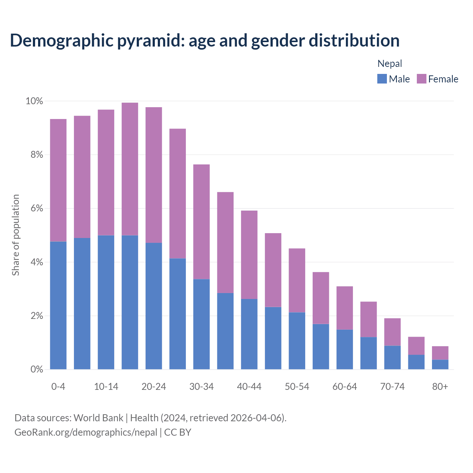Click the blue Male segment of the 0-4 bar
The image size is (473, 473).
(58, 305)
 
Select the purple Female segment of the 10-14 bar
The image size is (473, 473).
(106, 172)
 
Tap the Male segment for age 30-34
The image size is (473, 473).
(201, 324)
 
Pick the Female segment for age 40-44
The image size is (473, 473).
(249, 255)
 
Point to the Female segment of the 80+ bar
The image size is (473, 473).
(440, 353)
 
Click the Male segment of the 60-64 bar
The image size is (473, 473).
(345, 349)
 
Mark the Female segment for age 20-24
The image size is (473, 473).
(154, 175)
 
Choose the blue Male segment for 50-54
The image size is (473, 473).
(297, 341)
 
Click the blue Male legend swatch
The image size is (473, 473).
(382, 79)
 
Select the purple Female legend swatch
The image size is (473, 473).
(421, 79)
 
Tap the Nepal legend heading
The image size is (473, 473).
(389, 64)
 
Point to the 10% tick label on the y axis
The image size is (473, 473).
(34, 101)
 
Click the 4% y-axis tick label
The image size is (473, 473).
(36, 262)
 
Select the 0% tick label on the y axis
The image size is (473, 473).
(36, 370)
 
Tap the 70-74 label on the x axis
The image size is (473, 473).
(392, 387)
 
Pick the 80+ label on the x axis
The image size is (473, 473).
(440, 387)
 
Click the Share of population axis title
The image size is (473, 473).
(16, 235)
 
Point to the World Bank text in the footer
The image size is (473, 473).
(98, 418)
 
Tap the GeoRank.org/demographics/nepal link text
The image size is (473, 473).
(86, 432)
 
